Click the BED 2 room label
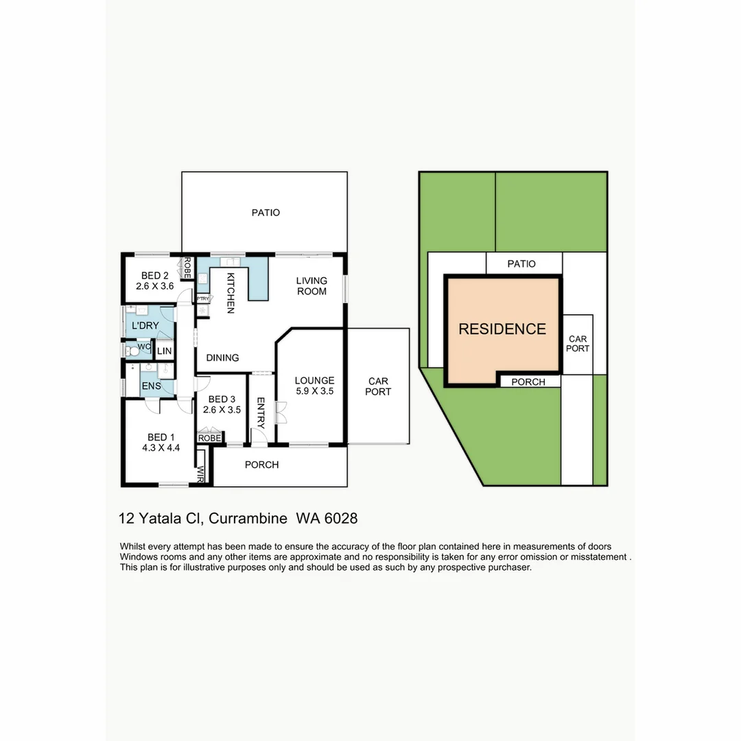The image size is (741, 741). click(152, 276)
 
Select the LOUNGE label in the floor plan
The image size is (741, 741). click(314, 380)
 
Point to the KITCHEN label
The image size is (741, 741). click(231, 293)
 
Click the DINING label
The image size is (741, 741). click(222, 357)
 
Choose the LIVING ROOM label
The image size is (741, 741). click(311, 285)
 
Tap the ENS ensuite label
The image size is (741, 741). click(152, 386)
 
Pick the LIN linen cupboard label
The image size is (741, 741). click(164, 352)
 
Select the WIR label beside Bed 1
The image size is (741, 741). click(201, 474)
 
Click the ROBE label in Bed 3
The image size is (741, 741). click(210, 438)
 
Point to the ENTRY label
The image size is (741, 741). click(261, 411)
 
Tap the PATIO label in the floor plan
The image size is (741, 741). click(266, 213)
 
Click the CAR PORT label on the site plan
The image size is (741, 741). click(578, 344)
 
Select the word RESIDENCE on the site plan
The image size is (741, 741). click(502, 329)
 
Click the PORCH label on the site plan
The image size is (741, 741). click(528, 381)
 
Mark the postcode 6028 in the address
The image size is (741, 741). click(341, 519)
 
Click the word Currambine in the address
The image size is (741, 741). click(248, 519)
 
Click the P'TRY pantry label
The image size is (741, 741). click(203, 298)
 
